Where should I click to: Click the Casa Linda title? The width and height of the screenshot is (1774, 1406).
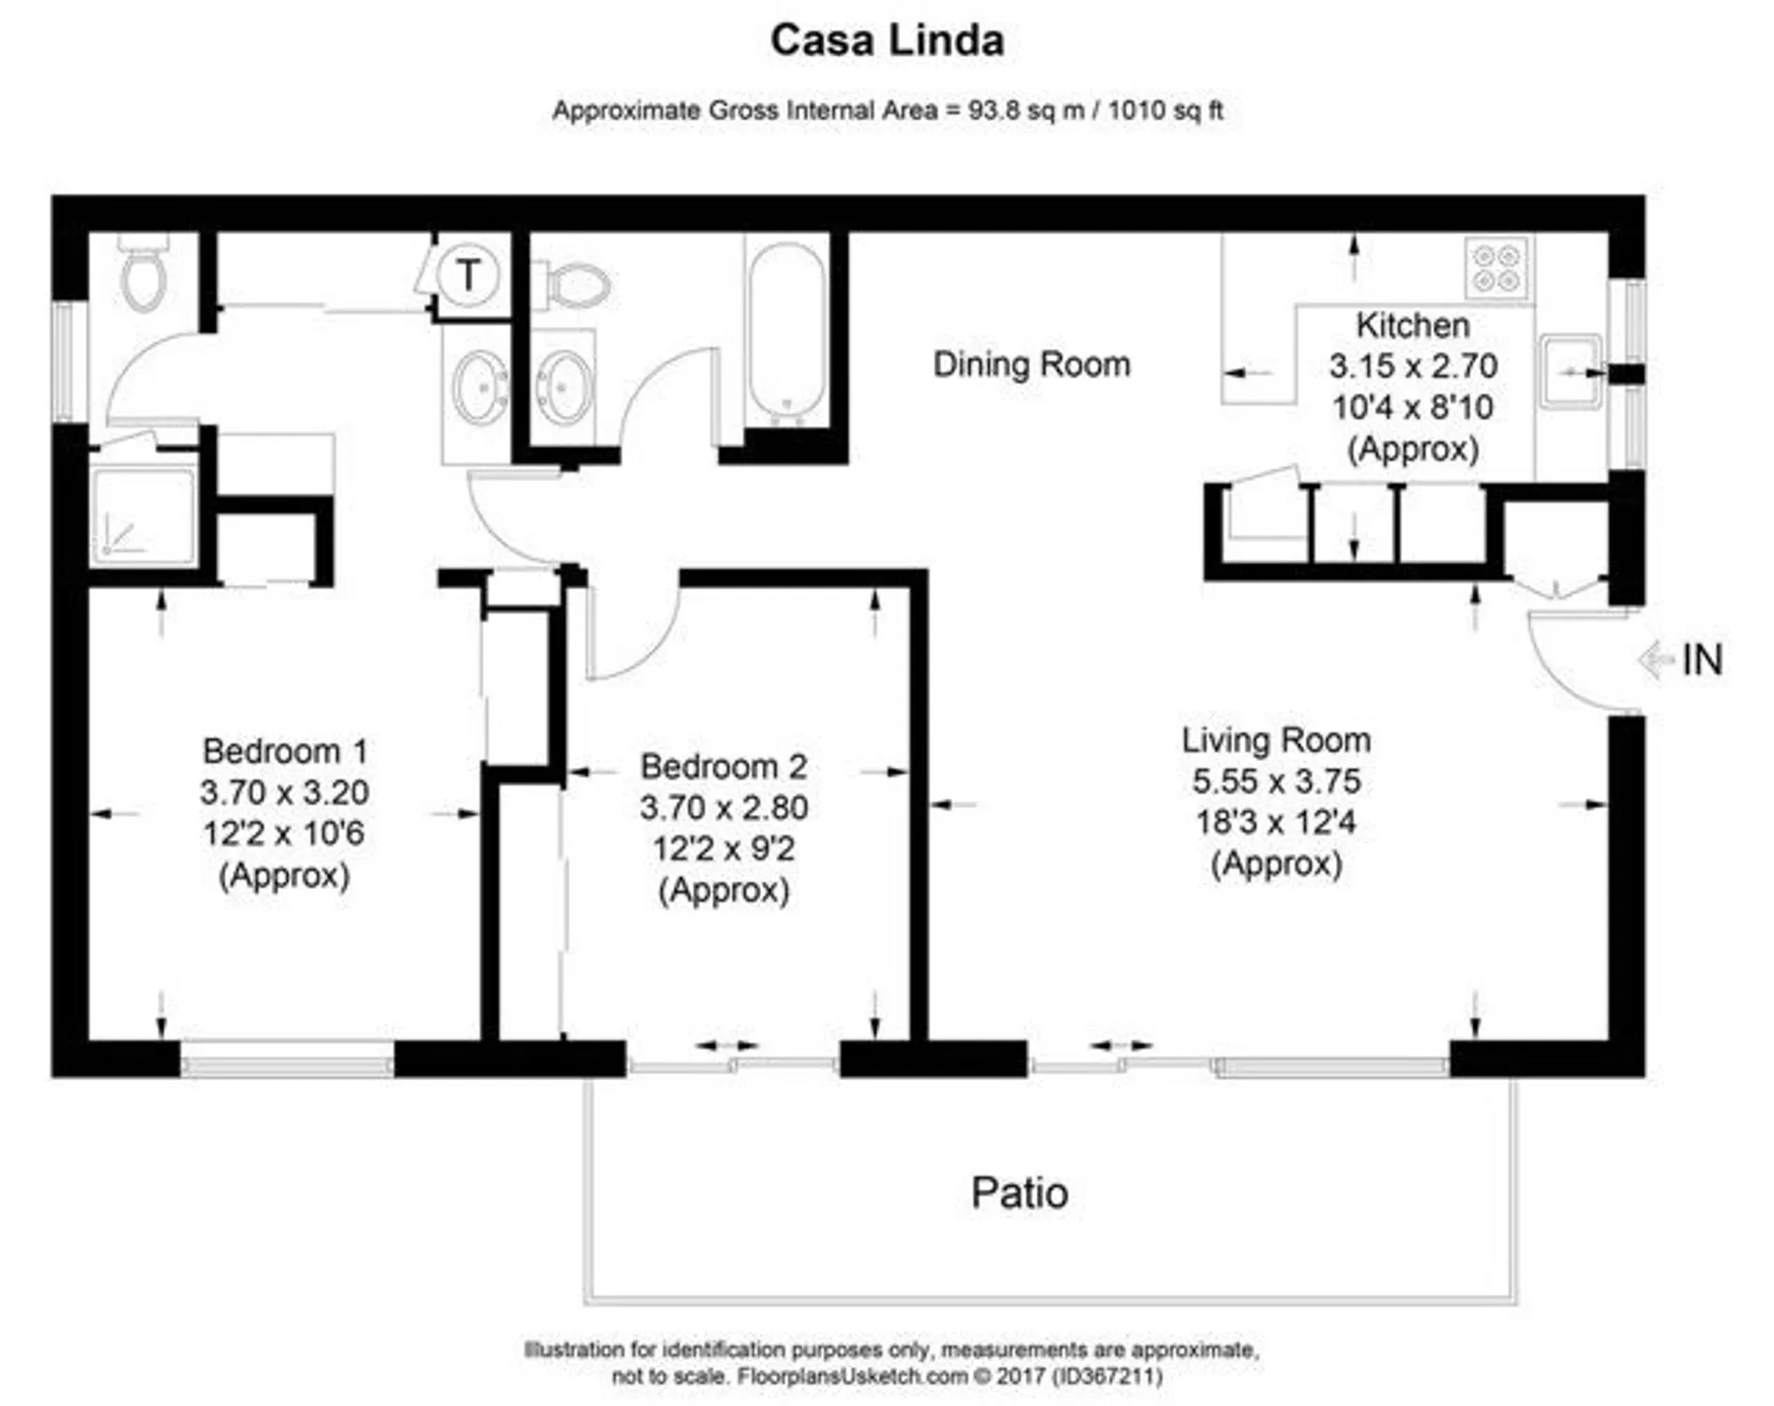[x=887, y=40]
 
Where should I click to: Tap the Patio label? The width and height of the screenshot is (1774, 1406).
[x=1019, y=1193]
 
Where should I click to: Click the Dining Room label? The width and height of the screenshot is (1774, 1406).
[x=1031, y=364]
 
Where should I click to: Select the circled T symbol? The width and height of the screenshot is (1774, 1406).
[x=468, y=275]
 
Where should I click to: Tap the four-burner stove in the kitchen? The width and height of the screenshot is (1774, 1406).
[x=1496, y=268]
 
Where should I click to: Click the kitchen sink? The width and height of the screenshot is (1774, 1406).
[x=1569, y=371]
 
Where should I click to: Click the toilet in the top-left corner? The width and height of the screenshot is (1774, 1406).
[x=143, y=275]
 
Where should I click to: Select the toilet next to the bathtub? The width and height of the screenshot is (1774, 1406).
[x=574, y=284]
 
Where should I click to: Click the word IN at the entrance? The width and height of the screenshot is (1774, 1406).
[x=1702, y=661]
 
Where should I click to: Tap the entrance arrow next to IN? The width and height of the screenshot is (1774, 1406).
[x=1655, y=660]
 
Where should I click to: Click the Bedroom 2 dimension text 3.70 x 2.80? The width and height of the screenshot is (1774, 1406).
[x=723, y=807]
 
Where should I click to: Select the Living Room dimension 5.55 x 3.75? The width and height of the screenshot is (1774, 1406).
[x=1275, y=781]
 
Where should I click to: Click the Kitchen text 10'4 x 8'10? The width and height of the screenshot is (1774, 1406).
[x=1412, y=408]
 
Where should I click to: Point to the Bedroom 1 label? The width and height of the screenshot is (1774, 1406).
[x=284, y=751]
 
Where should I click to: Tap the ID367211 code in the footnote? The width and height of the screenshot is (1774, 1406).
[x=1108, y=1376]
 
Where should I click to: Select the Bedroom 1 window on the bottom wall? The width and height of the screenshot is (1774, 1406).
[x=287, y=1066]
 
